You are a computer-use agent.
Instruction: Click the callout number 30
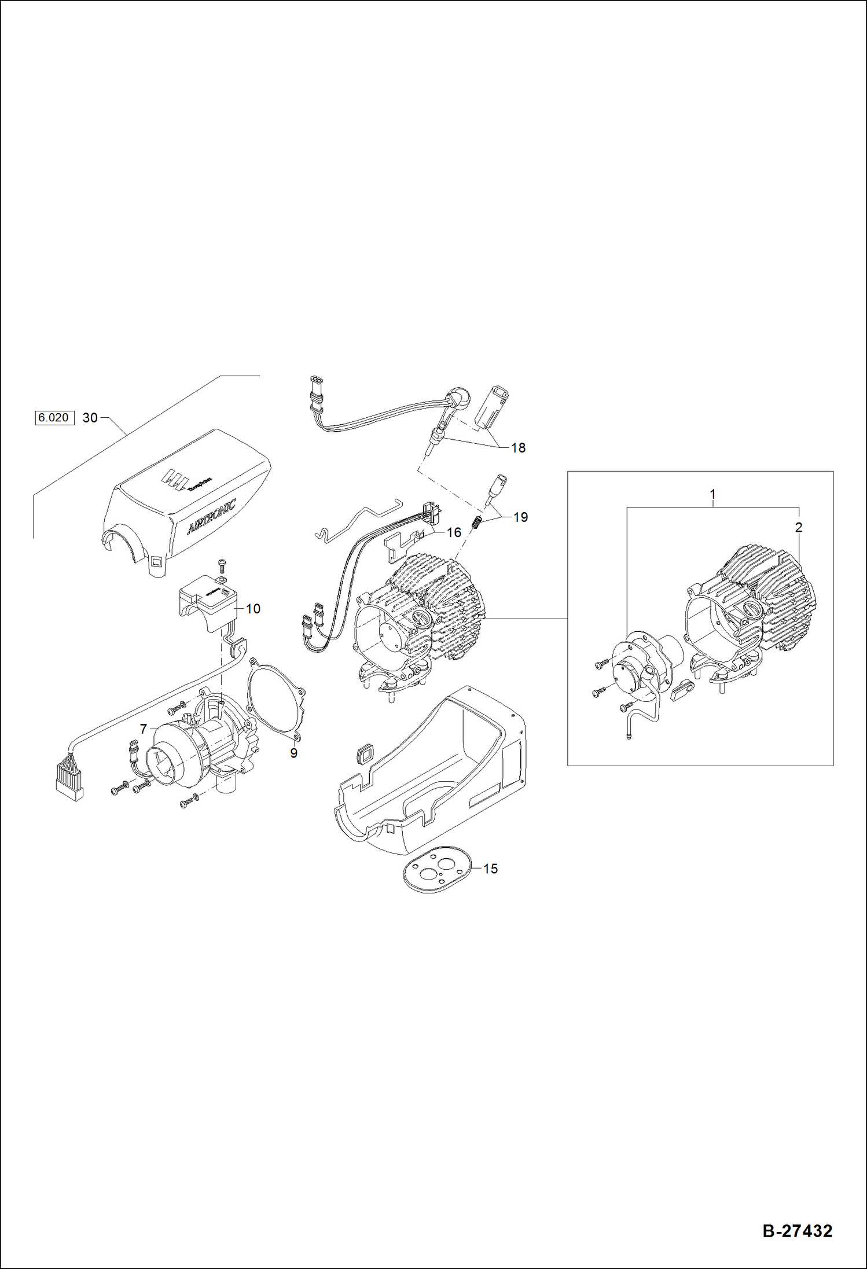click(90, 417)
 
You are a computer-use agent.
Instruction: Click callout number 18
click(518, 447)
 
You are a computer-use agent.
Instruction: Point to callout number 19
click(520, 517)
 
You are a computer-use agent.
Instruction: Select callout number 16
click(454, 532)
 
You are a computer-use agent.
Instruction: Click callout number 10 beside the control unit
click(253, 608)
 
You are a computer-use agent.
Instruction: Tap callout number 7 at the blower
click(144, 729)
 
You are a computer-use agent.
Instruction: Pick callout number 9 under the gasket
click(293, 753)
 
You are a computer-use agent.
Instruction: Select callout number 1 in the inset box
click(712, 494)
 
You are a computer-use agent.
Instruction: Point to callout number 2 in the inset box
click(799, 527)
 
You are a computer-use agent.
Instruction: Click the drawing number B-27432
click(797, 1230)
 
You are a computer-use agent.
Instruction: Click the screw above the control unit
click(221, 564)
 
